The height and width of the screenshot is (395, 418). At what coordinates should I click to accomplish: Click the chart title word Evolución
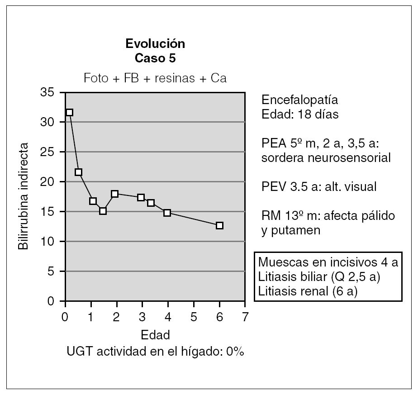[155, 44]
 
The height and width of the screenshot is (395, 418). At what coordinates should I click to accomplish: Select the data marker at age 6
[219, 225]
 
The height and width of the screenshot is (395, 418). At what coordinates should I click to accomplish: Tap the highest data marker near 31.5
[69, 113]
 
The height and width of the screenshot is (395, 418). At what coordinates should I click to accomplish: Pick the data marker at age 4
[167, 213]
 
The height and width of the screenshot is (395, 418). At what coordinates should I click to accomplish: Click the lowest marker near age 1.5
[103, 211]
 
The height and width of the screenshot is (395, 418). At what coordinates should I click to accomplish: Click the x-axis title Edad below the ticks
[155, 335]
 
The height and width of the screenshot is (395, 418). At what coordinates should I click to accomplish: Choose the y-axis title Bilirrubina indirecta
[22, 197]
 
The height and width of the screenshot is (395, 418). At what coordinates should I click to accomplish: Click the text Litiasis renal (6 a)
[308, 291]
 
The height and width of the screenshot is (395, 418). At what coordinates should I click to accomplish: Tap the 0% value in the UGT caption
[234, 352]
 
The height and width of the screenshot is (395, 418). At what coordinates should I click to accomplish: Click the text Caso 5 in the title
[155, 57]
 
